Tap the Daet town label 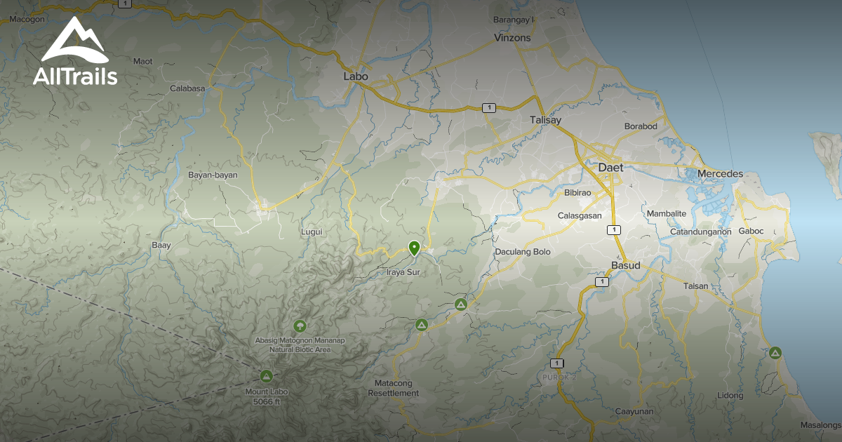pos(610,168)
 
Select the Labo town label pos(356,76)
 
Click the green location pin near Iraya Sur pos(414,248)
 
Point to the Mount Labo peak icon pos(266,375)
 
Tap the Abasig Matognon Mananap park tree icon pos(300,326)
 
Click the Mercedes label pos(720,173)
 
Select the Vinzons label pos(512,38)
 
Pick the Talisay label pos(546,120)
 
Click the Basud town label pos(626,266)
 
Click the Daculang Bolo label pos(523,251)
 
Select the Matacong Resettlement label pos(394,388)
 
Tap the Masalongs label pos(821,425)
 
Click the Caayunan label pos(634,411)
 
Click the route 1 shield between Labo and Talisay pos(488,107)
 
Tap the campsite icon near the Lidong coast pos(775,352)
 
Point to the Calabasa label pos(187,88)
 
